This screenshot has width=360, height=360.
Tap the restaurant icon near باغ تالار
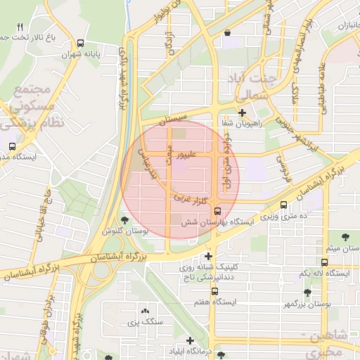20,26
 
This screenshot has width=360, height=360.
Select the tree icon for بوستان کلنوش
125,220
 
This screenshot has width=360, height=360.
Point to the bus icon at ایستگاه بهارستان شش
217,210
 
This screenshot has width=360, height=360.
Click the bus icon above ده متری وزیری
283,205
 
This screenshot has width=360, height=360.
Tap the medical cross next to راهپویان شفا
242,112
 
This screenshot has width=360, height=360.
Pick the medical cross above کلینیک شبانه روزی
208,256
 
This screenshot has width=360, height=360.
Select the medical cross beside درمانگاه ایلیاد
190,340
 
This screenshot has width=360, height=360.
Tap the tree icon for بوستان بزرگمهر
307,292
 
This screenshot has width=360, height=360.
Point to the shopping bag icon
227,32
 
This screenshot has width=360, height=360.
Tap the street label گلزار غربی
193,201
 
